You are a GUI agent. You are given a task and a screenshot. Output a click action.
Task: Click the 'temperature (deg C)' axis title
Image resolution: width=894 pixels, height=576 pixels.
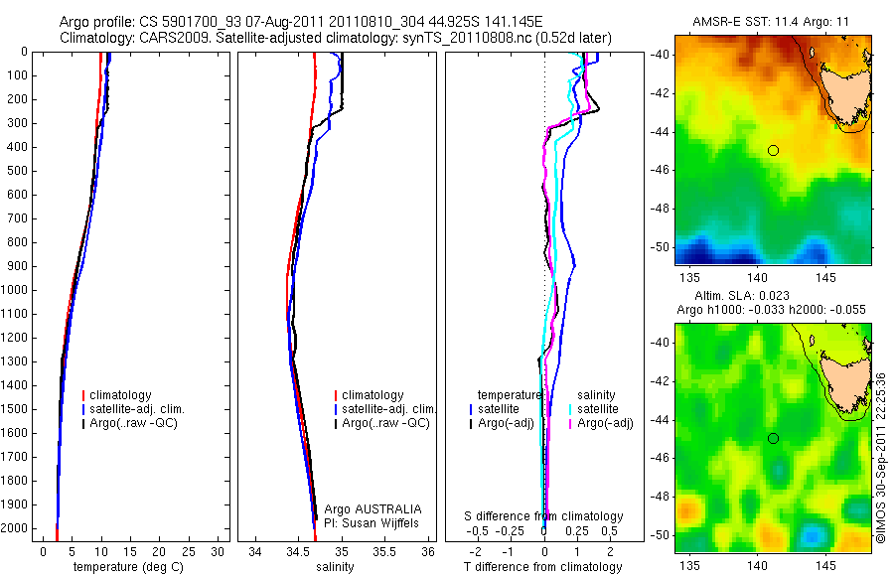click(126, 567)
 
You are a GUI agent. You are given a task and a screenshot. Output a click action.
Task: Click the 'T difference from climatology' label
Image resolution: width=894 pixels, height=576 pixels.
click(543, 567)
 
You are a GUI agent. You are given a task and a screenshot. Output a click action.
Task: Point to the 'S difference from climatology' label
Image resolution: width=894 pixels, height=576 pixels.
click(543, 516)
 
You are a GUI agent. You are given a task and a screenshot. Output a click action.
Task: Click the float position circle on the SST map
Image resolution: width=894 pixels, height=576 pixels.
click(773, 150)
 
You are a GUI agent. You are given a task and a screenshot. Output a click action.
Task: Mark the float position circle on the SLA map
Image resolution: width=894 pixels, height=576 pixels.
click(773, 438)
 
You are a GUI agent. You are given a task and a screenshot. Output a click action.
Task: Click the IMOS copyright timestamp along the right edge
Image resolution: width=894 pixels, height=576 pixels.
click(881, 457)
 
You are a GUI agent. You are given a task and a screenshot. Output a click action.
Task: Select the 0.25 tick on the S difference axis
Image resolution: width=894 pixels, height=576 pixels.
click(575, 532)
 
